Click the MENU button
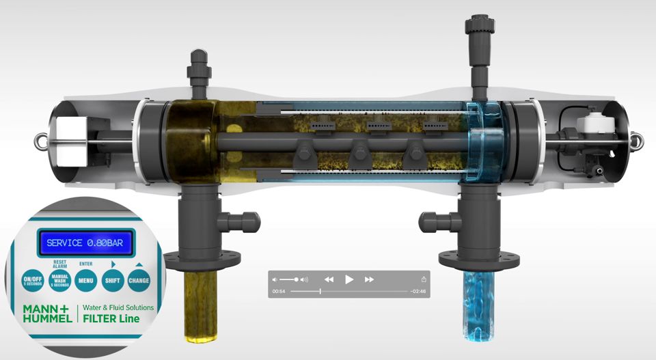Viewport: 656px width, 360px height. click(85, 280)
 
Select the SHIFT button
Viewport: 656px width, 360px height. click(112, 280)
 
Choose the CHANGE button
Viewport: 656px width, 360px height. click(138, 280)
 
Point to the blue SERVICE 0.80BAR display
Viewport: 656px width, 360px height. click(85, 243)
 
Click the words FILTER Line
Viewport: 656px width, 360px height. click(111, 319)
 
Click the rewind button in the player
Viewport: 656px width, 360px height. click(329, 279)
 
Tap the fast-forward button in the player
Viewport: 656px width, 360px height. click(370, 279)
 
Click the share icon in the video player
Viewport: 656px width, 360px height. click(424, 279)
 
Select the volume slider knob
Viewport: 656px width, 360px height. click(296, 279)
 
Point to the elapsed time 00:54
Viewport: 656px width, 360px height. click(279, 292)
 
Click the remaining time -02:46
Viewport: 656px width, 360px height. click(418, 292)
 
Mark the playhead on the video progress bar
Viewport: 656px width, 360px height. click(320, 292)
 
